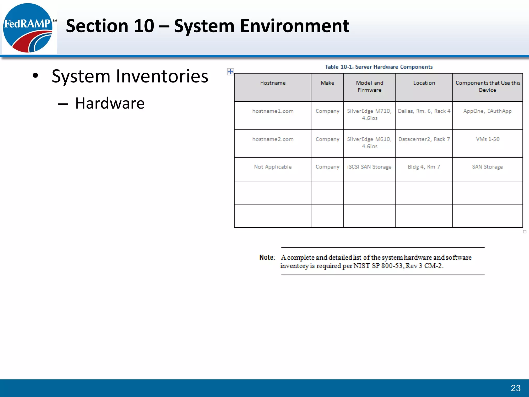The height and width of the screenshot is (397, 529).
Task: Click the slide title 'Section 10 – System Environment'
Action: point(207,26)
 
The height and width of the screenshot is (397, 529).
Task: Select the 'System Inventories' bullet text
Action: point(130,76)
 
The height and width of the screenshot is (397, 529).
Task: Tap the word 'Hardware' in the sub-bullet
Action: point(110,103)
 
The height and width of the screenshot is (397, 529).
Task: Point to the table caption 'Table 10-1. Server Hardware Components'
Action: point(379,67)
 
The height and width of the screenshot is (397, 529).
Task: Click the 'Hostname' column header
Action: point(273,83)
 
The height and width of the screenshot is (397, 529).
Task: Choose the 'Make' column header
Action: point(327,83)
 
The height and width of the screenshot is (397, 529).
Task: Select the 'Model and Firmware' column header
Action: point(369,86)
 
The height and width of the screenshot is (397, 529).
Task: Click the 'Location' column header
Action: point(424,83)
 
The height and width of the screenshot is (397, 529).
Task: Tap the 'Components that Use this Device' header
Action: point(488,86)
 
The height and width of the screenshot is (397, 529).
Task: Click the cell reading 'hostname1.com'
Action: point(273,111)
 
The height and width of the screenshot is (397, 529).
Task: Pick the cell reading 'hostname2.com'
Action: point(273,139)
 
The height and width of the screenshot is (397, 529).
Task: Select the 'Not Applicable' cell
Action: point(273,167)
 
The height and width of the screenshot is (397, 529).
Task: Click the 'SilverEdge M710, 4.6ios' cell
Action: point(369,114)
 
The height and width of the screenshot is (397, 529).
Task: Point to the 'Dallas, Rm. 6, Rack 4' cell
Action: point(424,111)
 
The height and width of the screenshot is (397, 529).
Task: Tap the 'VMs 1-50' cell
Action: point(488,139)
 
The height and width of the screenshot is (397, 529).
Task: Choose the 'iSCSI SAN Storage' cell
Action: point(369,167)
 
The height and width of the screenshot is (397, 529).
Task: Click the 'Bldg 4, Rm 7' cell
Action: point(424,167)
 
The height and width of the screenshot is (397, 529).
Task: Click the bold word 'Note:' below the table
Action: point(267,257)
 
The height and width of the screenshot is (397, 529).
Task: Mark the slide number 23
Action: point(516,388)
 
